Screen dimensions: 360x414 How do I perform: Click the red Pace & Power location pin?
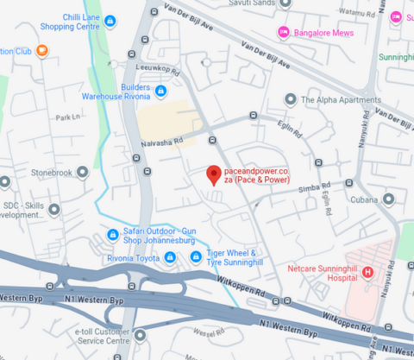[213, 174]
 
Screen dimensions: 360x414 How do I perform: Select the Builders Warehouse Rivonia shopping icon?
[160, 91]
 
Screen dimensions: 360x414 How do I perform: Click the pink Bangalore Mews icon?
[282, 32]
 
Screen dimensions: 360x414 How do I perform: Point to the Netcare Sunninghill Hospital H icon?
[367, 273]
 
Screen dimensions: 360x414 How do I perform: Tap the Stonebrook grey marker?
[82, 172]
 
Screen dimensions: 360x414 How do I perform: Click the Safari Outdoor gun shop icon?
[112, 235]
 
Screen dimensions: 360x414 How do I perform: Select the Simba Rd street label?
[314, 186]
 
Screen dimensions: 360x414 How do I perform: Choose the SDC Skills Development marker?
[55, 209]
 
